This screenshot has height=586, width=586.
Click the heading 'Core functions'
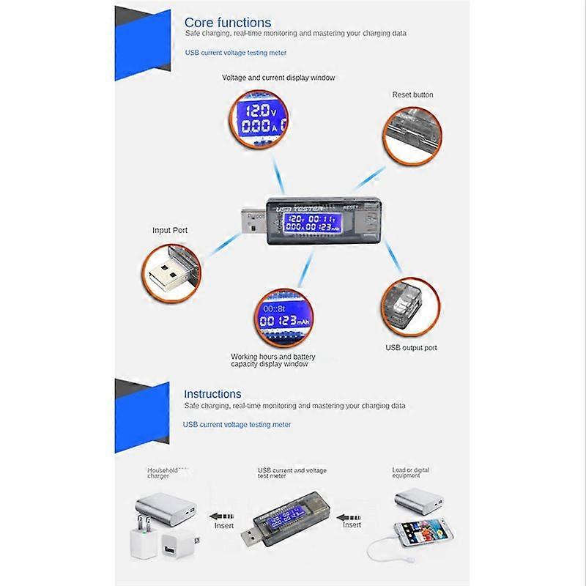pyautogui.click(x=227, y=23)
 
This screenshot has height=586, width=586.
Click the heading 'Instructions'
pyautogui.click(x=212, y=394)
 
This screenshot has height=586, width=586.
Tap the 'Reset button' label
pyautogui.click(x=412, y=94)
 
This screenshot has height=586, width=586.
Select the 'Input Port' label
pyautogui.click(x=170, y=230)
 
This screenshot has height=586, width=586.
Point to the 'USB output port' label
pyautogui.click(x=411, y=348)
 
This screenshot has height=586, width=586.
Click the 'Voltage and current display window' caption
pyautogui.click(x=278, y=78)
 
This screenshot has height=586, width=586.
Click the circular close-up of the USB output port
pyautogui.click(x=410, y=305)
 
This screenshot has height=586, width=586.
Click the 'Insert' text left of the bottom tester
pyautogui.click(x=224, y=525)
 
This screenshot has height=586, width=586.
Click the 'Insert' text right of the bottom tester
pyautogui.click(x=352, y=524)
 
